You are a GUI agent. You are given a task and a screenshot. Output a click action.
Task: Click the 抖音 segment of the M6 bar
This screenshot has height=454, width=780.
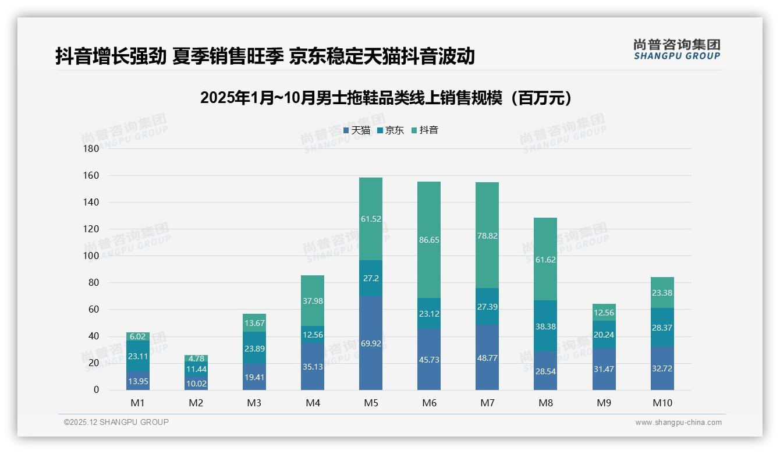pos(429,240)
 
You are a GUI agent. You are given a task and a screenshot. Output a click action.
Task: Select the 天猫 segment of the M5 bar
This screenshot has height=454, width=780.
pos(371,343)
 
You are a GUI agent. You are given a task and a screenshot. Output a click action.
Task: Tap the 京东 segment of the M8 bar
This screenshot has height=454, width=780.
pos(545,326)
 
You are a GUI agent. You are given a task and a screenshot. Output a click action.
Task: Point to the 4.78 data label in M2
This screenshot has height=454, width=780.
pos(196,359)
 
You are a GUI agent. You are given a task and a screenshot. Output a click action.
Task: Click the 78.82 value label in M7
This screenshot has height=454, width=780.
pos(487,236)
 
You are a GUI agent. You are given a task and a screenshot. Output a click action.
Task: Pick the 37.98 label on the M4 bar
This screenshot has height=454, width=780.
pos(313,301)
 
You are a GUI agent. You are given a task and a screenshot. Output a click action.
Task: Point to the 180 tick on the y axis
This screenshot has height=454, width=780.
pos(92,149)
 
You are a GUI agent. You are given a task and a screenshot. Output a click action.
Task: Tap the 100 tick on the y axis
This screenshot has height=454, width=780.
pos(92,256)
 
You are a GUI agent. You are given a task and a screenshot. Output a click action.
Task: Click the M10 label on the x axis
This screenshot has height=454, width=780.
pos(662,403)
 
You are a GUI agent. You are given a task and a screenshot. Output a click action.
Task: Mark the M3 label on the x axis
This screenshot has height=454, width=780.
pos(254,403)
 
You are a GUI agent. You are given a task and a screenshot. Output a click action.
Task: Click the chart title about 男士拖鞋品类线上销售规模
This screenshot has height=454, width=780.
pos(389,98)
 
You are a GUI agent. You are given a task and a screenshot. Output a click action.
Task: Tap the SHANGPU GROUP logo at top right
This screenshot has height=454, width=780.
pos(676,49)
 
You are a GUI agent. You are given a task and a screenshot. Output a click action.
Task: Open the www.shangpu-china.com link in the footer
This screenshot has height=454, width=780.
pos(678,423)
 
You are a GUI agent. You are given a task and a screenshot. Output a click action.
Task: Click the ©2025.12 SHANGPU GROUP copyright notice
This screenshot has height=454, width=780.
pos(116,423)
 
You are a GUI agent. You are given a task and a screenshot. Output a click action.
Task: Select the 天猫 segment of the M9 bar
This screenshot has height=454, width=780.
pos(604,369)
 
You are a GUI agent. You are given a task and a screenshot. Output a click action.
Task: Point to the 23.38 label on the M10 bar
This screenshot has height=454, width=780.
pos(662,293)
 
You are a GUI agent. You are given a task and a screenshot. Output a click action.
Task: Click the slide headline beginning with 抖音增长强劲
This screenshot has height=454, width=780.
pos(265,56)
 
